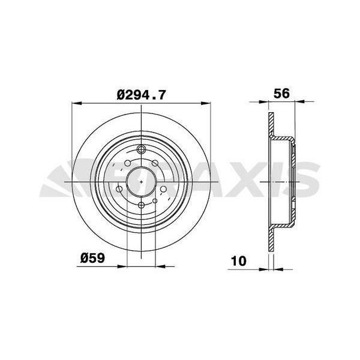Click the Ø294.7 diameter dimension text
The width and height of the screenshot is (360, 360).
(142, 94)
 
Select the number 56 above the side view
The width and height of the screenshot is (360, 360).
(281, 94)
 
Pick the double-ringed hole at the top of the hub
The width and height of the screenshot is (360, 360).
(142, 150)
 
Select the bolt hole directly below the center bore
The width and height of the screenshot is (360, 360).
(142, 205)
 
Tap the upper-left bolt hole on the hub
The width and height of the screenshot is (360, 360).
(128, 162)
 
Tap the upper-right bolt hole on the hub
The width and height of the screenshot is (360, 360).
(155, 162)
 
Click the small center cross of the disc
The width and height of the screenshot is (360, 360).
(142, 178)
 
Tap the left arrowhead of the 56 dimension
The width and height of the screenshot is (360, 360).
(269, 104)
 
